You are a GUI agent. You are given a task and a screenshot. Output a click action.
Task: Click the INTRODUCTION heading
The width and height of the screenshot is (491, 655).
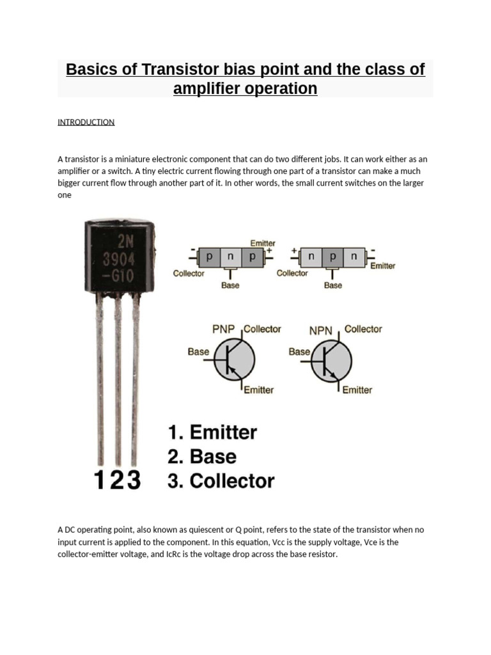pos(86,122)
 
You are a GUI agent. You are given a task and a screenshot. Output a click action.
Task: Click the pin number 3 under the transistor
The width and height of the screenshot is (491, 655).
pos(132,480)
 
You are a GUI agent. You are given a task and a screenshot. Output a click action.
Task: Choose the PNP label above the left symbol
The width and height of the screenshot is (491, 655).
pos(224,329)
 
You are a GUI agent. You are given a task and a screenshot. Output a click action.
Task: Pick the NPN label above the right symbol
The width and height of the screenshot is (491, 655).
pos(321,331)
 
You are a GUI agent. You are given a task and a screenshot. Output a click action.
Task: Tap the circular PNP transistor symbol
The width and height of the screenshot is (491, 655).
pos(234,359)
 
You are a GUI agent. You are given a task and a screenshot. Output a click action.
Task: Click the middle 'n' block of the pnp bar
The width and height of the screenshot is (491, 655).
pos(231,257)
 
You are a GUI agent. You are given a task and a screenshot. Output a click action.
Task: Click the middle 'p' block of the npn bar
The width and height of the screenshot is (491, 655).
pos(332,257)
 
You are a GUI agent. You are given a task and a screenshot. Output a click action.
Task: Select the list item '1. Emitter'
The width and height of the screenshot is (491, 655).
pos(212,432)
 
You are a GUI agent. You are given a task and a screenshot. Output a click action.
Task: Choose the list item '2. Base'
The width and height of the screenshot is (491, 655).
pos(202,457)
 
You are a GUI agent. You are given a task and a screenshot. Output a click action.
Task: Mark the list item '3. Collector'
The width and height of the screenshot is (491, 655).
pos(221,481)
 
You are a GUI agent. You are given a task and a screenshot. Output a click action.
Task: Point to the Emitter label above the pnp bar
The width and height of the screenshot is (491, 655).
pos(263,243)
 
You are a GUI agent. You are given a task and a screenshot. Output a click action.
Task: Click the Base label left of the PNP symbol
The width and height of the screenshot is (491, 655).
pos(198,351)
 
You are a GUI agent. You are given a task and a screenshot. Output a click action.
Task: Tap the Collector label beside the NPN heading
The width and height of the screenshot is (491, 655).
pos(363,329)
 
